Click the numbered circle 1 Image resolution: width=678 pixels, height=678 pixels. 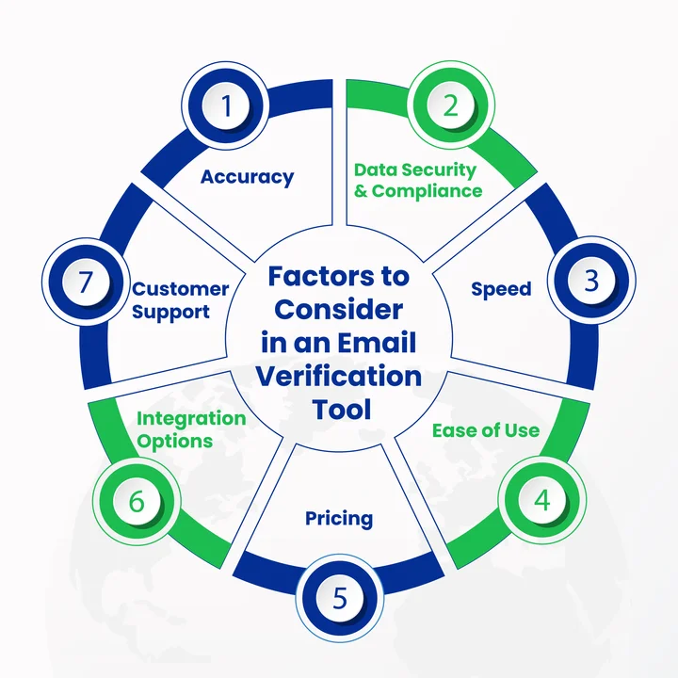226,104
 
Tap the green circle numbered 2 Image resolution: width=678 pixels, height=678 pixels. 451,104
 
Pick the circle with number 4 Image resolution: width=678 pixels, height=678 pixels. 541,500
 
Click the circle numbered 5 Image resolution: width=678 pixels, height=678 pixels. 340,597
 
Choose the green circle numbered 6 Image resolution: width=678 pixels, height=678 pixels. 137,500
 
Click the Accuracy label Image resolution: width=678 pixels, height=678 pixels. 248,176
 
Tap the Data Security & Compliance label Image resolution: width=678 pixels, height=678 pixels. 415,180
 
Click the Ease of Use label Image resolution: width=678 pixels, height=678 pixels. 486,430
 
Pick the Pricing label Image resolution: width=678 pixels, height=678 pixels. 339,518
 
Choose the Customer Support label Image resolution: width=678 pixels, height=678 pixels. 180,299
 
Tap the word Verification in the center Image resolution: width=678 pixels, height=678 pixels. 339,376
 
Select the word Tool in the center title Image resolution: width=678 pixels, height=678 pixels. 339,409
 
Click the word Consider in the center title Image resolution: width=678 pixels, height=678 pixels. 339,310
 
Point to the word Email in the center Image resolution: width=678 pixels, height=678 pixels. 378,343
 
